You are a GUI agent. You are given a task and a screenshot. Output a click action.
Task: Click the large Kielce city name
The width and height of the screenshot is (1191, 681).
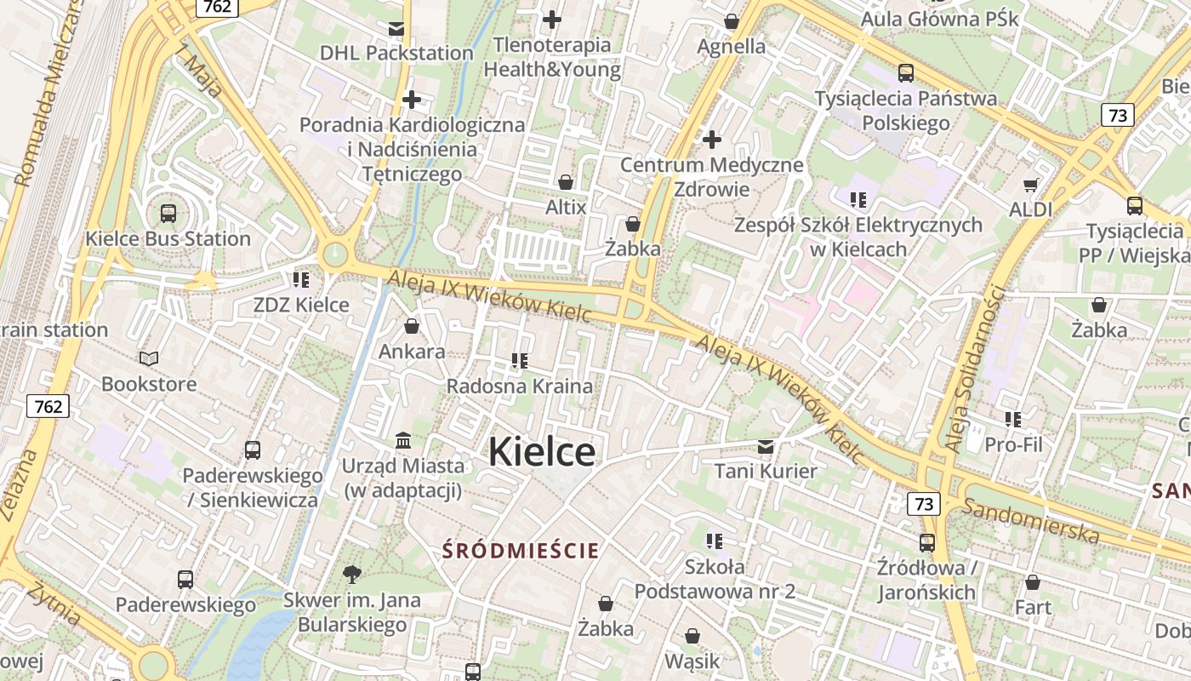(x=542, y=451)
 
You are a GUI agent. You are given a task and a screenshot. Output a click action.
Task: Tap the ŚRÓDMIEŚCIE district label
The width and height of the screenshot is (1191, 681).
(x=521, y=551)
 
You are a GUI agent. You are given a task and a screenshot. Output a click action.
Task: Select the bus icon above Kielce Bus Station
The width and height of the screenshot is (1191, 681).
(x=168, y=214)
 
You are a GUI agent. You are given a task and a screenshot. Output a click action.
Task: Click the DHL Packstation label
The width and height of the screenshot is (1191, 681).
(x=396, y=53)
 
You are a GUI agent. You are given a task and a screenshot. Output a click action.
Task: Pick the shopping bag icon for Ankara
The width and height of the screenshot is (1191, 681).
(x=412, y=326)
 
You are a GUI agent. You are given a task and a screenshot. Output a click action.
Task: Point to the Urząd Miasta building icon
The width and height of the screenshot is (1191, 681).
(x=403, y=441)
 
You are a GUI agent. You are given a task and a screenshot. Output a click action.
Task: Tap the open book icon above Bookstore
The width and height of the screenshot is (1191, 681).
(x=149, y=359)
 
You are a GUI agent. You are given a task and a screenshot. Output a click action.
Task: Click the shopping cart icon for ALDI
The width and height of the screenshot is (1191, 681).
(x=1031, y=185)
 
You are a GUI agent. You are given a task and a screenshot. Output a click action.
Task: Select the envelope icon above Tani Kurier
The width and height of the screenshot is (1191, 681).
(x=766, y=447)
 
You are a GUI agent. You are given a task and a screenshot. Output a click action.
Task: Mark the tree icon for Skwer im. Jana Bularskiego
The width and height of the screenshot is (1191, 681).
(x=351, y=575)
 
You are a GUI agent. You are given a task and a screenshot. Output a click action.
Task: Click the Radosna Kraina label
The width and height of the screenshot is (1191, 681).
(x=520, y=386)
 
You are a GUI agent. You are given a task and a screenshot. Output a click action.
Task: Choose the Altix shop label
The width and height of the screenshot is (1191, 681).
(x=566, y=207)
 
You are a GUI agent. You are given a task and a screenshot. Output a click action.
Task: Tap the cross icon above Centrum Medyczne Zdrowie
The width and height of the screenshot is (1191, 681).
(x=712, y=139)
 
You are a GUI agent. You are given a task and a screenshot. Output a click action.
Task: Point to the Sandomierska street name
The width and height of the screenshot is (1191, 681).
(x=1031, y=519)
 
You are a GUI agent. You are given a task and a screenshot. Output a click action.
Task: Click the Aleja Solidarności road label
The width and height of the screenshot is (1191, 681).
(x=975, y=368)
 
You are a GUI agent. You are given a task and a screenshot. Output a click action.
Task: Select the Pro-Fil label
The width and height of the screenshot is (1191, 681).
(x=1013, y=444)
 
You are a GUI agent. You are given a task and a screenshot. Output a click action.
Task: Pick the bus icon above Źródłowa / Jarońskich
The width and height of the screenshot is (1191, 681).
(x=926, y=542)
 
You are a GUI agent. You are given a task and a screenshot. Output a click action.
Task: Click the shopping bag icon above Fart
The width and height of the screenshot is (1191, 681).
(x=1033, y=583)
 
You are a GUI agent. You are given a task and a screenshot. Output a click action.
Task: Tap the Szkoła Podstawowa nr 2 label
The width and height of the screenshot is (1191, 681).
(x=715, y=579)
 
